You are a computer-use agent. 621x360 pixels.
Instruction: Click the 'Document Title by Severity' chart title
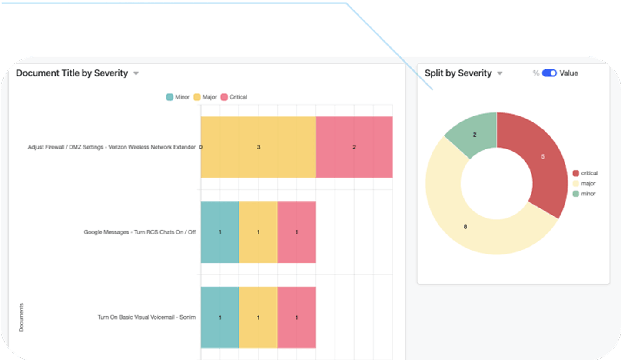(x=72, y=73)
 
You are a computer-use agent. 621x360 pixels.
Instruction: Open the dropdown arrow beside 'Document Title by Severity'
(x=136, y=74)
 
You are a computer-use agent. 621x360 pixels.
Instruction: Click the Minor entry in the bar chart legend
(x=178, y=97)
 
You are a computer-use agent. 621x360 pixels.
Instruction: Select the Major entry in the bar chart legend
(x=205, y=97)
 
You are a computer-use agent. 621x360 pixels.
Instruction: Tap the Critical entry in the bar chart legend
(x=234, y=97)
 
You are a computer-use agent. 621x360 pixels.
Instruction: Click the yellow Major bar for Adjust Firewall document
(x=258, y=147)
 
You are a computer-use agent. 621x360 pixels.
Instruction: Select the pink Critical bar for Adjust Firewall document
(x=354, y=147)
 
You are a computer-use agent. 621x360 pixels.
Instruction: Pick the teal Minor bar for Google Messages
(x=220, y=232)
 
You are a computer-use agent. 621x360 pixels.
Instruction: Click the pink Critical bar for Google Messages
(x=296, y=232)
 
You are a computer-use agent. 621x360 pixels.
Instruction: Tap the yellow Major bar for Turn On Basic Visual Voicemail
(x=258, y=317)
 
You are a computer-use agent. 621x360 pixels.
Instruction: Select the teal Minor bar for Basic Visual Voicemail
(x=220, y=317)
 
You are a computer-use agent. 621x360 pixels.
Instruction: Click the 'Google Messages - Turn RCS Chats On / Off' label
(x=139, y=232)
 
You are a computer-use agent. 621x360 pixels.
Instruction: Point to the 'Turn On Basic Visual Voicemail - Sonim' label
(x=146, y=317)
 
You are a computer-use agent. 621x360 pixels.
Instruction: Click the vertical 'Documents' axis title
(x=21, y=317)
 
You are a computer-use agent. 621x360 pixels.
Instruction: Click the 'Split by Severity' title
(x=458, y=73)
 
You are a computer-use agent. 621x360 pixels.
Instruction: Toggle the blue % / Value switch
(x=549, y=73)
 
